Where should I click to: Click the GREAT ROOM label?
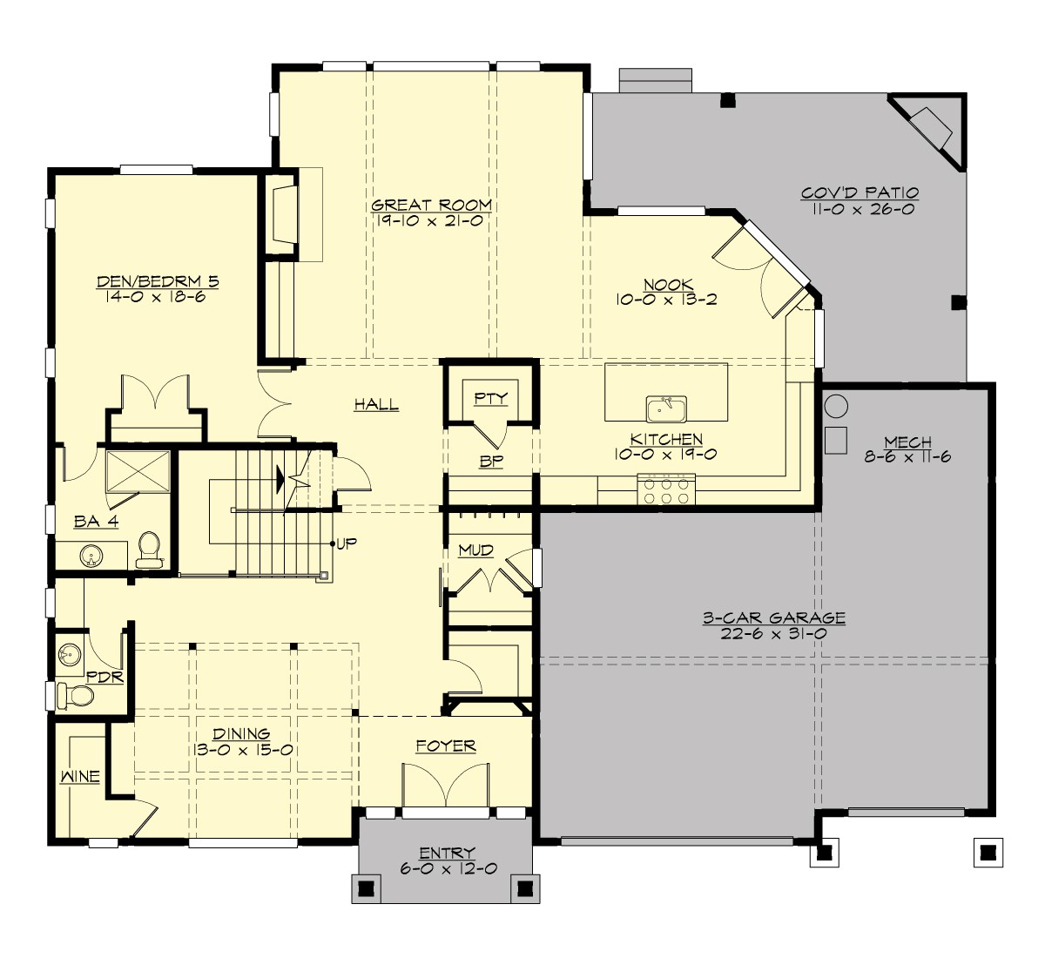click(x=431, y=206)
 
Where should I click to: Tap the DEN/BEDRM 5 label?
click(x=158, y=281)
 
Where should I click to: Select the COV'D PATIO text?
click(x=860, y=193)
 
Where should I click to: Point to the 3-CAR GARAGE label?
click(x=774, y=618)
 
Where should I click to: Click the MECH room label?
click(x=907, y=442)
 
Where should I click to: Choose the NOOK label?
click(x=668, y=285)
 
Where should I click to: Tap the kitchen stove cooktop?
click(x=666, y=489)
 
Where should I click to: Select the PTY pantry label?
click(x=491, y=398)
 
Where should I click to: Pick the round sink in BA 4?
click(x=90, y=555)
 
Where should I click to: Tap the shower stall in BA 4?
click(x=137, y=471)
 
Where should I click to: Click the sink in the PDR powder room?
click(x=69, y=653)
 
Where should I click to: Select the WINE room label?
click(x=79, y=776)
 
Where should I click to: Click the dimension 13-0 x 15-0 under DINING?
click(x=241, y=750)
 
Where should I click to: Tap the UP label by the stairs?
click(x=347, y=544)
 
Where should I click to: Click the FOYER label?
click(x=445, y=746)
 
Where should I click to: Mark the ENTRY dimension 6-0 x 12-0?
click(x=447, y=868)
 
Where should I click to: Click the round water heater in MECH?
click(x=836, y=406)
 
